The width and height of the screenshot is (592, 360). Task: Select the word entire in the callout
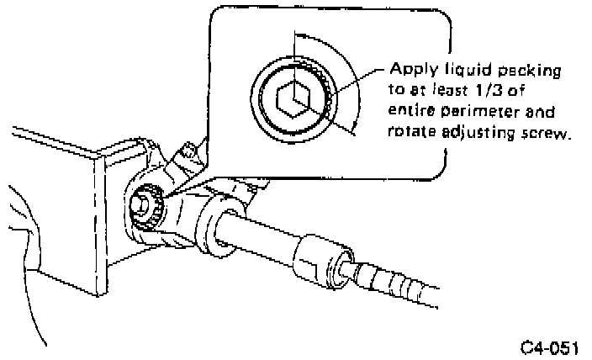(410, 111)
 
